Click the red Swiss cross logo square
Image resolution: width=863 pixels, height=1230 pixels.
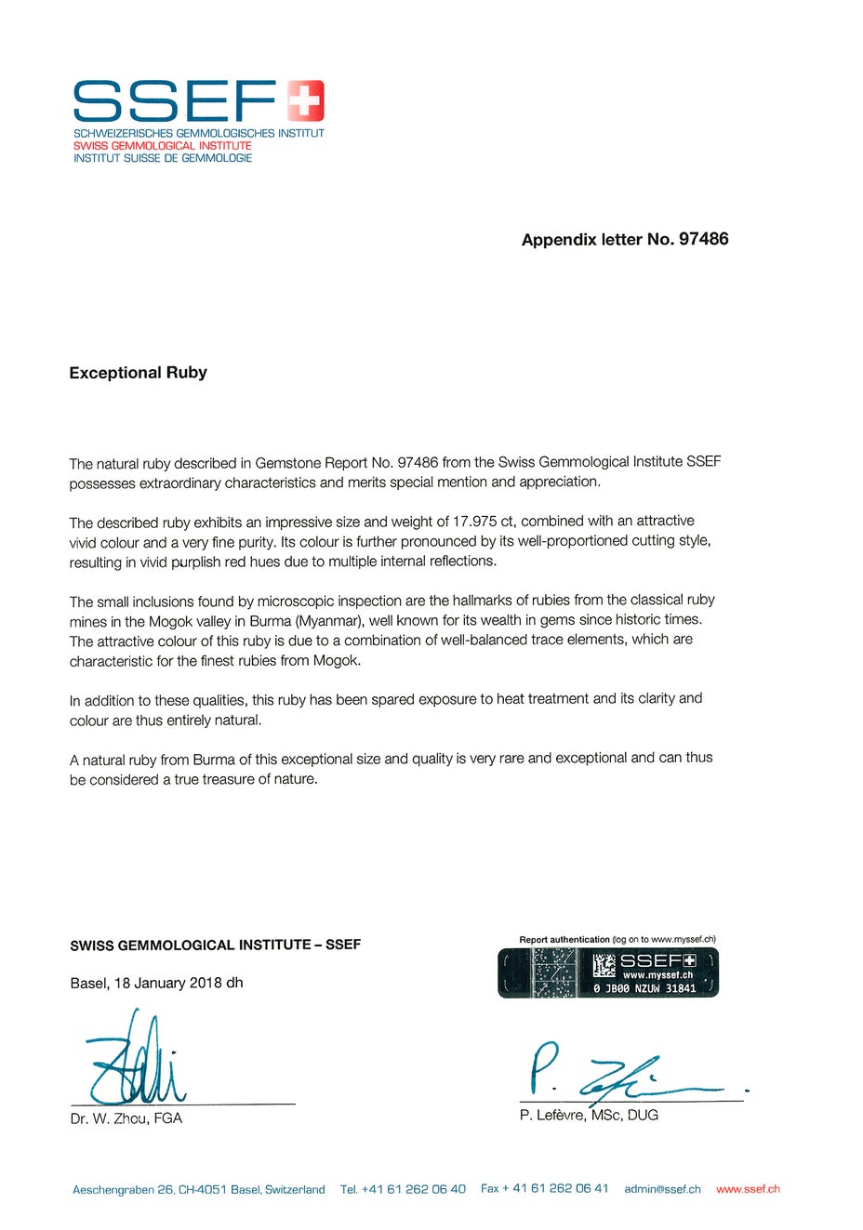pyautogui.click(x=305, y=100)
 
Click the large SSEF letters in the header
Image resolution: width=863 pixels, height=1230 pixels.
pyautogui.click(x=175, y=101)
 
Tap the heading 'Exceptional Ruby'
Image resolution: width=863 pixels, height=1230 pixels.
pyautogui.click(x=138, y=373)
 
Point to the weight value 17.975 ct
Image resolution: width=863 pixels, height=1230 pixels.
pyautogui.click(x=484, y=522)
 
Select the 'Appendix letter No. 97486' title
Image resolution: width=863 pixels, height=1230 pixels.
pyautogui.click(x=625, y=240)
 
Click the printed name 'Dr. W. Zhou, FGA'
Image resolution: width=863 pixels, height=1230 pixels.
pyautogui.click(x=126, y=1118)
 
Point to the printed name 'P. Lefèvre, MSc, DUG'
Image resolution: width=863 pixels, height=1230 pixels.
pyautogui.click(x=589, y=1115)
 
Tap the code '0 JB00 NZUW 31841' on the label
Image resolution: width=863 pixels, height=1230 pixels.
pyautogui.click(x=644, y=988)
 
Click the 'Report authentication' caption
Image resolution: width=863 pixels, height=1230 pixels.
pyautogui.click(x=564, y=940)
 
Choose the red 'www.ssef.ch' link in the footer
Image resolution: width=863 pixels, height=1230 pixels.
pyautogui.click(x=748, y=1189)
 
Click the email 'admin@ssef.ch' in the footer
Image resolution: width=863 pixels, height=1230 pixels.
pyautogui.click(x=662, y=1189)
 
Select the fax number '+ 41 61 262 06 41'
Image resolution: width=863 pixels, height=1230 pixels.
pyautogui.click(x=555, y=1188)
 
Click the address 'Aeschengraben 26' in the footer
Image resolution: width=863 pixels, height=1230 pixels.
pyautogui.click(x=123, y=1190)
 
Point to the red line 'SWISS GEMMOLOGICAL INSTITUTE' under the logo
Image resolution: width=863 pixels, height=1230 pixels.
pyautogui.click(x=163, y=146)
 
